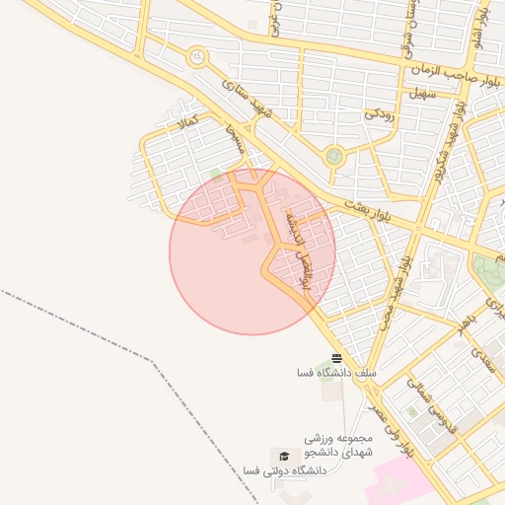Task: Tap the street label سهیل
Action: (x=421, y=94)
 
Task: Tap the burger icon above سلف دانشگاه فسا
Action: (x=337, y=358)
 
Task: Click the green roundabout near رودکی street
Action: (x=334, y=155)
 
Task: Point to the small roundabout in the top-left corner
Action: (x=197, y=57)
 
